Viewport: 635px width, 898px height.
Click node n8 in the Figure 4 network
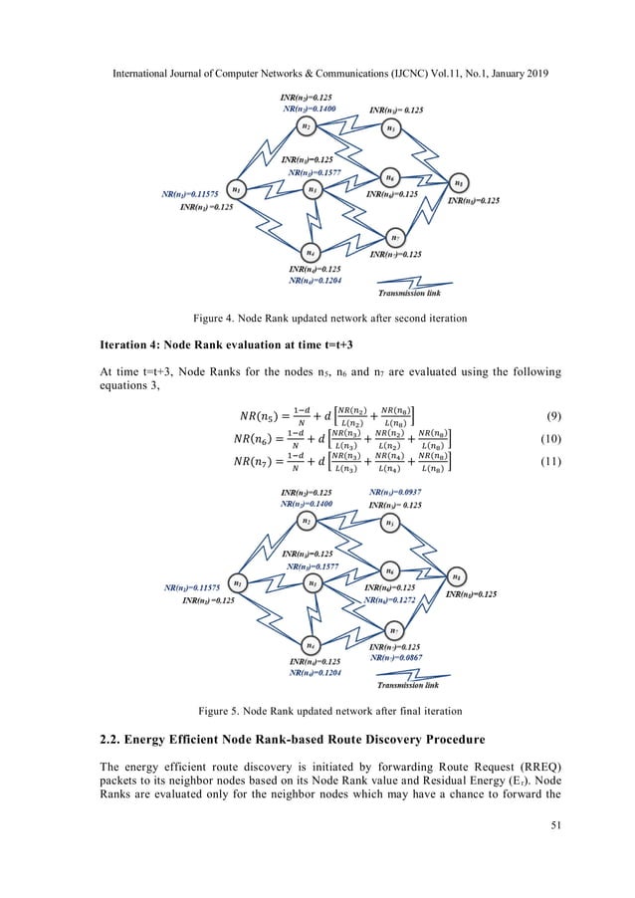point(458,183)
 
